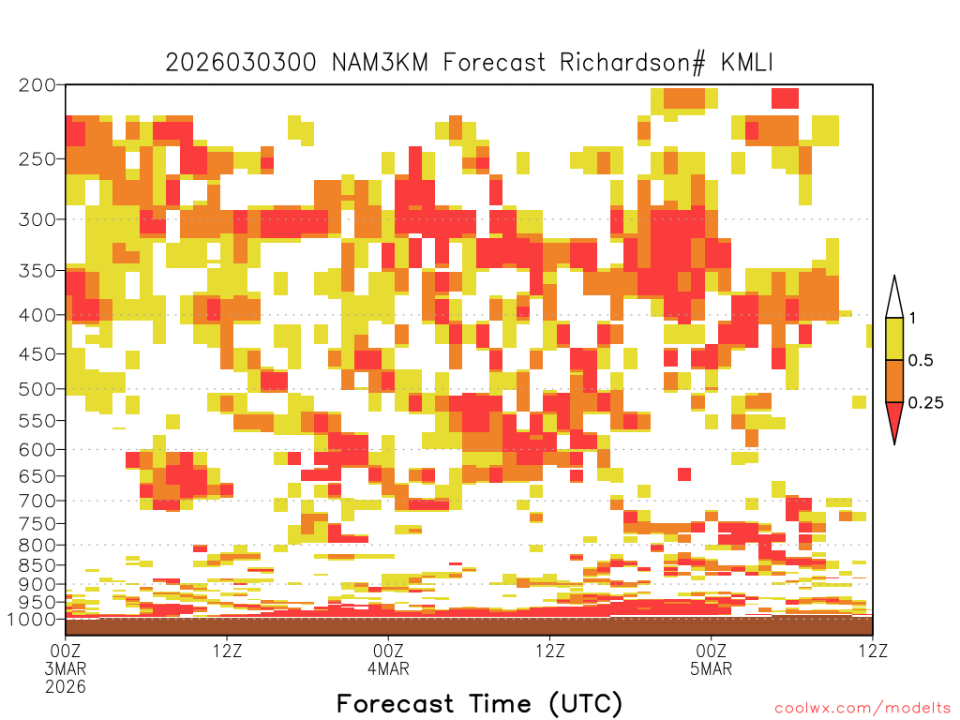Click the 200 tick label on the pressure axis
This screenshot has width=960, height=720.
pyautogui.click(x=37, y=84)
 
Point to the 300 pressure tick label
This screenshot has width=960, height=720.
pyautogui.click(x=37, y=219)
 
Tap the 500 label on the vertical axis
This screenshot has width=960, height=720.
pyautogui.click(x=37, y=389)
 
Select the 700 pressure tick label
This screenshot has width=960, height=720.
pyautogui.click(x=37, y=501)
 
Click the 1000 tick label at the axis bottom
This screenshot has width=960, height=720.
pyautogui.click(x=31, y=619)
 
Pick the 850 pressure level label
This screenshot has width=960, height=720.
pyautogui.click(x=37, y=565)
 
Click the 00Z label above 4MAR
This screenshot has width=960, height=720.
pyautogui.click(x=388, y=651)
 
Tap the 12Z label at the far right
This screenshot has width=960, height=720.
pyautogui.click(x=872, y=651)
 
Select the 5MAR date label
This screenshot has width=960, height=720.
pyautogui.click(x=711, y=668)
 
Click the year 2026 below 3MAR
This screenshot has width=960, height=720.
pyautogui.click(x=66, y=686)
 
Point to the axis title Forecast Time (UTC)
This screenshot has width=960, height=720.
pyautogui.click(x=479, y=703)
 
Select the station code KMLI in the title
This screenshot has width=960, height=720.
pyautogui.click(x=747, y=63)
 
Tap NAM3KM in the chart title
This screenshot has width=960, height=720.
pyautogui.click(x=380, y=63)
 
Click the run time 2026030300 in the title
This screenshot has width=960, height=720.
pyautogui.click(x=241, y=63)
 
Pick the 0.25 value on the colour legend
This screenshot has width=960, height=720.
pyautogui.click(x=925, y=402)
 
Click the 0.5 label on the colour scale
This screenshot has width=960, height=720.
pyautogui.click(x=921, y=360)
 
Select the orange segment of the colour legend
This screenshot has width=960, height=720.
pyautogui.click(x=894, y=381)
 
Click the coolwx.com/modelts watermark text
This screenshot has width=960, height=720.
pyautogui.click(x=862, y=709)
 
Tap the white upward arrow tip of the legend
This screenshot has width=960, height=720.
pyautogui.click(x=894, y=277)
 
